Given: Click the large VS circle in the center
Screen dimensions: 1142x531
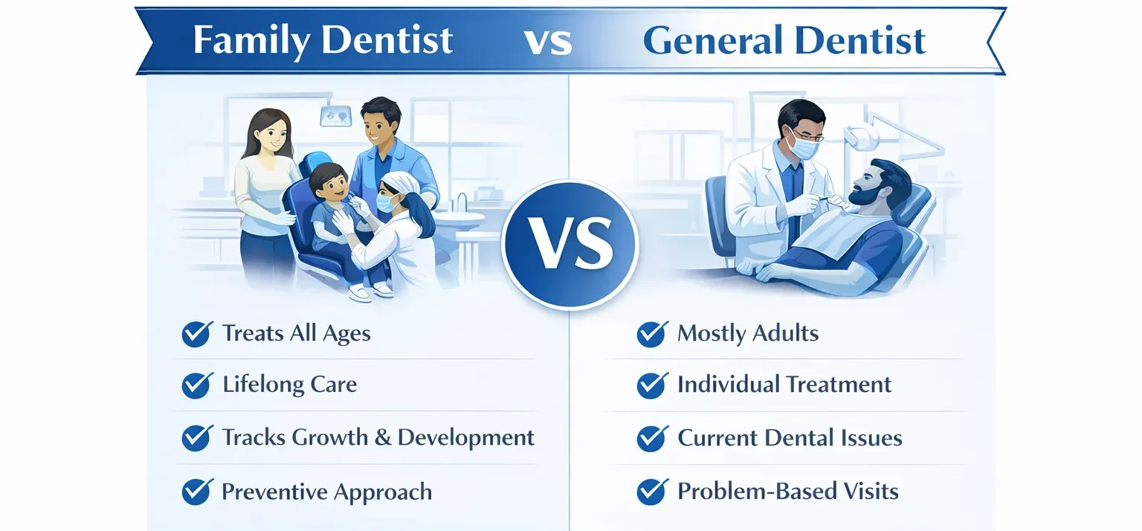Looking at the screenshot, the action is tap(570, 245).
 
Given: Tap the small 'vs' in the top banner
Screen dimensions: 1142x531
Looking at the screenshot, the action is tap(548, 42).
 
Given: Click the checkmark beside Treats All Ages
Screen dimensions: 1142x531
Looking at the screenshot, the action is tap(197, 334).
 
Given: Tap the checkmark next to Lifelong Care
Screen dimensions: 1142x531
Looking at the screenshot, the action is tap(197, 385).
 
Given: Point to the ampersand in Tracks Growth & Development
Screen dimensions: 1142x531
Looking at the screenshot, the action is tap(382, 437).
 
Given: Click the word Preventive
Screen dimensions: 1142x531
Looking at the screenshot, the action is tap(274, 492).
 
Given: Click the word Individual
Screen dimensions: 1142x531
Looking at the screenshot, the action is tap(728, 384).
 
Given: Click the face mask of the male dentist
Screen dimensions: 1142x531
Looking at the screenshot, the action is tap(801, 145).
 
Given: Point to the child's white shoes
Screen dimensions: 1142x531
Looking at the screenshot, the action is tap(371, 291).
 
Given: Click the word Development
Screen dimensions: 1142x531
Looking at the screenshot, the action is tap(466, 437).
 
